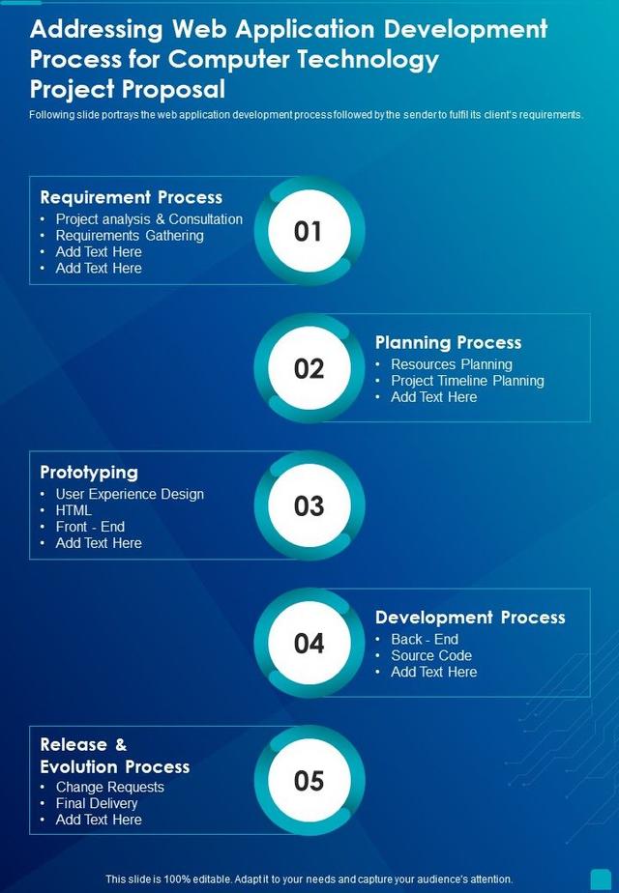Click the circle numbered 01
(x=309, y=231)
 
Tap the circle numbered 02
(x=309, y=368)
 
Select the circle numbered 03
(x=309, y=505)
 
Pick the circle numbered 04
(x=309, y=643)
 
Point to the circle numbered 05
(x=309, y=780)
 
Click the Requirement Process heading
(x=131, y=197)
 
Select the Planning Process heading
(x=448, y=342)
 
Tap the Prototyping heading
(x=89, y=472)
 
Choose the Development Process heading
(x=470, y=617)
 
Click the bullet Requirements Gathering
(x=130, y=235)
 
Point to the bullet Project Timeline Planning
(x=467, y=381)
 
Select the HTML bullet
(x=74, y=510)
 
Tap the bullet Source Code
(x=431, y=655)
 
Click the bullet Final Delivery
(x=97, y=803)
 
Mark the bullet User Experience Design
(x=130, y=494)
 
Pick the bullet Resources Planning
(x=452, y=364)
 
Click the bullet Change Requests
(x=110, y=787)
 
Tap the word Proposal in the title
(x=173, y=89)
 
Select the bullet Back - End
(x=425, y=639)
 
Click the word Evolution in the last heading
(x=81, y=766)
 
